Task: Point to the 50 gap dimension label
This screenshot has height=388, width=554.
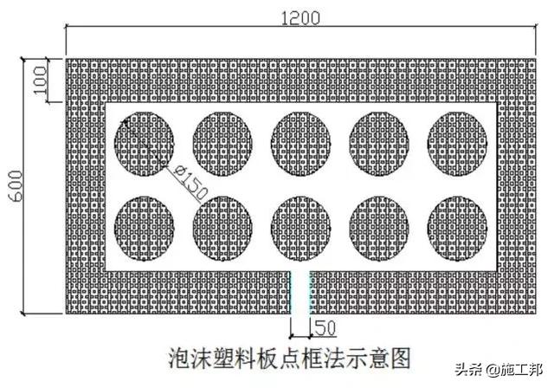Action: [325, 329]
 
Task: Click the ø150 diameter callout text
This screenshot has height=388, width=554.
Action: [188, 177]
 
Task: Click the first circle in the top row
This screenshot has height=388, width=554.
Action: [145, 144]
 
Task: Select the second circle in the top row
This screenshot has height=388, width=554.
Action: [222, 144]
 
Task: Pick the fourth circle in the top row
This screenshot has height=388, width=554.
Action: [379, 144]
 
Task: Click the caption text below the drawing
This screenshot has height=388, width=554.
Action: [287, 355]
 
